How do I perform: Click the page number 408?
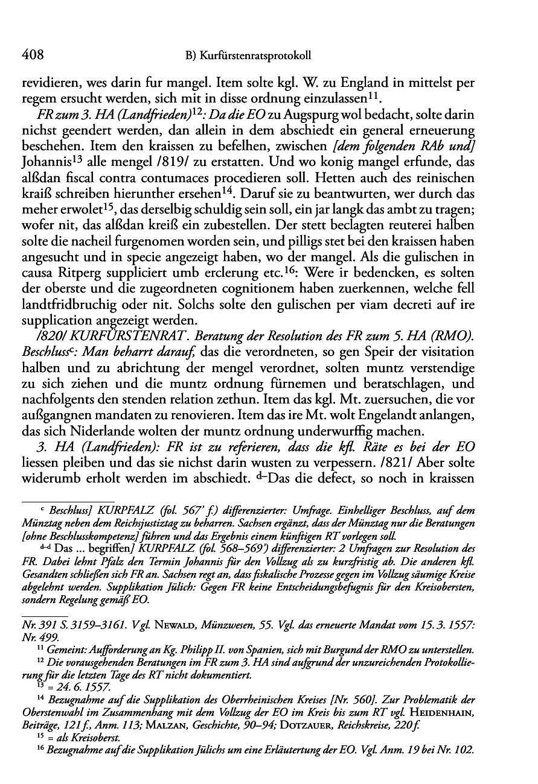(x=33, y=55)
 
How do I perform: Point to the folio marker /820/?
(x=51, y=334)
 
